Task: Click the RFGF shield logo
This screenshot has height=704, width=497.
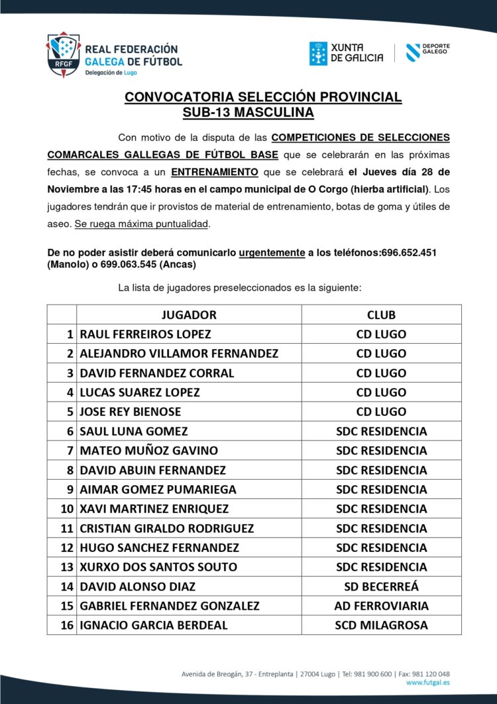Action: click(x=63, y=54)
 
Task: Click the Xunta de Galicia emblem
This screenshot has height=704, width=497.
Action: click(x=318, y=54)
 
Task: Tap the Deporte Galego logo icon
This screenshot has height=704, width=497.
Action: click(x=412, y=52)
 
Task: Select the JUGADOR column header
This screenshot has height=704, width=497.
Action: click(x=189, y=315)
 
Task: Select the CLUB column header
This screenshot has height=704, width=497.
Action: click(x=381, y=315)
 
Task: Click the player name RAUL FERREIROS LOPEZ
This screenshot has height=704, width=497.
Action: click(x=145, y=334)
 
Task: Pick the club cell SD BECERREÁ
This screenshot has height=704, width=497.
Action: click(x=381, y=586)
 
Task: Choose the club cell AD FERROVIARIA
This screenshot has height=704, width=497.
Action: click(x=381, y=605)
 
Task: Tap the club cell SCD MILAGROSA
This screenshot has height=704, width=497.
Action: click(x=381, y=624)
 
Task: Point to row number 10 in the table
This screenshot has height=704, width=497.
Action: click(x=66, y=508)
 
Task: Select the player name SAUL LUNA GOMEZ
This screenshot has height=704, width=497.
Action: click(x=133, y=431)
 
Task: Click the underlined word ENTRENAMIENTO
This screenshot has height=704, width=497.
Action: click(x=214, y=172)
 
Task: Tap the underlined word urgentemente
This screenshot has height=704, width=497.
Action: click(x=271, y=253)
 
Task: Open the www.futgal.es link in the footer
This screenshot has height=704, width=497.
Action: click(x=427, y=682)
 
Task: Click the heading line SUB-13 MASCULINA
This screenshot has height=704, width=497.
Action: click(x=248, y=112)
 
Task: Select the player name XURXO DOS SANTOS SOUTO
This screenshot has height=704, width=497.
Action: click(x=158, y=567)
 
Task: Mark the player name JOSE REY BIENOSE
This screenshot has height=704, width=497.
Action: click(x=130, y=411)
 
